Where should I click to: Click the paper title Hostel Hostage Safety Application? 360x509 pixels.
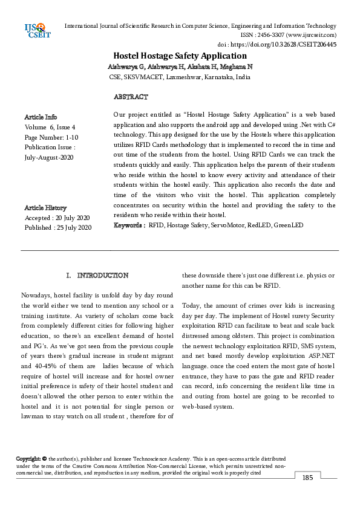point(180,55)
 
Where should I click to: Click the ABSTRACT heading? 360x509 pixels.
point(130,97)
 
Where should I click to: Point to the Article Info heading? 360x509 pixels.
point(41,117)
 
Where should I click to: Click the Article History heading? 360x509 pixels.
point(45,208)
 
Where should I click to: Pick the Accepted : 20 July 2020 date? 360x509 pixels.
point(57,218)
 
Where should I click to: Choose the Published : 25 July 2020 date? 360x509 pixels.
point(57,227)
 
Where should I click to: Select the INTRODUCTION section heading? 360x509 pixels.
point(102,276)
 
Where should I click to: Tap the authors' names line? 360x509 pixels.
point(180,66)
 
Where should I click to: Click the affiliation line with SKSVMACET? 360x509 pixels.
point(180,77)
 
